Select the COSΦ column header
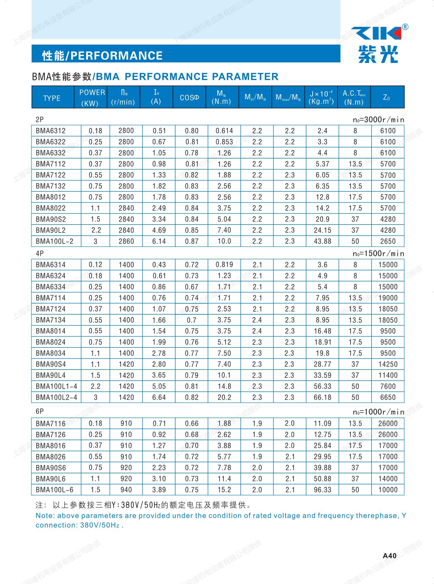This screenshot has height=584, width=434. pyautogui.click(x=189, y=97)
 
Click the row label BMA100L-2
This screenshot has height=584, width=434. pyautogui.click(x=54, y=241)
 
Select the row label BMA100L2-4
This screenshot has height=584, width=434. pyautogui.click(x=56, y=397)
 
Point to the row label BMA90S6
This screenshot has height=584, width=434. pyautogui.click(x=51, y=468)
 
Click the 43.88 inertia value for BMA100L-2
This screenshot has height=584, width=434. pyautogui.click(x=322, y=241)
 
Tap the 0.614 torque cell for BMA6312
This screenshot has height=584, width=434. pyautogui.click(x=224, y=131)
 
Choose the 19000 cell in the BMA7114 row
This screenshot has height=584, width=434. pyautogui.click(x=388, y=298)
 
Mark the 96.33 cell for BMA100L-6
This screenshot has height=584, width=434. pyautogui.click(x=322, y=490)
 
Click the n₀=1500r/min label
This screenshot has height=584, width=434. pyautogui.click(x=378, y=254)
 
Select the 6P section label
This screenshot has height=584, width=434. pyautogui.click(x=40, y=411)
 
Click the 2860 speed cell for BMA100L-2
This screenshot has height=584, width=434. pyautogui.click(x=126, y=241)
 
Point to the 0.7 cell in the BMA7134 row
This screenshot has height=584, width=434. pyautogui.click(x=191, y=320)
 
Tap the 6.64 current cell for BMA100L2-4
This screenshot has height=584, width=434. pyautogui.click(x=159, y=397)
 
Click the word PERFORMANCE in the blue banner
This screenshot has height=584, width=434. pyautogui.click(x=116, y=55)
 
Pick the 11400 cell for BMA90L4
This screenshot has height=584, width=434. pyautogui.click(x=388, y=375)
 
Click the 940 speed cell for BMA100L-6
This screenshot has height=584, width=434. pyautogui.click(x=126, y=490)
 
